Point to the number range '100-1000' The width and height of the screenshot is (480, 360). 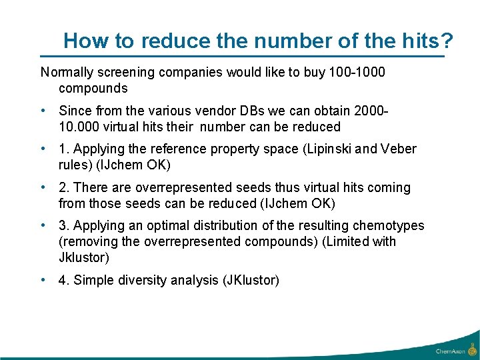pyautogui.click(x=357, y=72)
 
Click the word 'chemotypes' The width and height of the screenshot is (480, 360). pyautogui.click(x=385, y=226)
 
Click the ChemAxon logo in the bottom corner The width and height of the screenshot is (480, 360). pyautogui.click(x=455, y=349)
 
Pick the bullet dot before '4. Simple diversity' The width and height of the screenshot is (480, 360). pyautogui.click(x=43, y=280)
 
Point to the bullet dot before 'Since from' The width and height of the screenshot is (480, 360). pyautogui.click(x=43, y=111)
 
